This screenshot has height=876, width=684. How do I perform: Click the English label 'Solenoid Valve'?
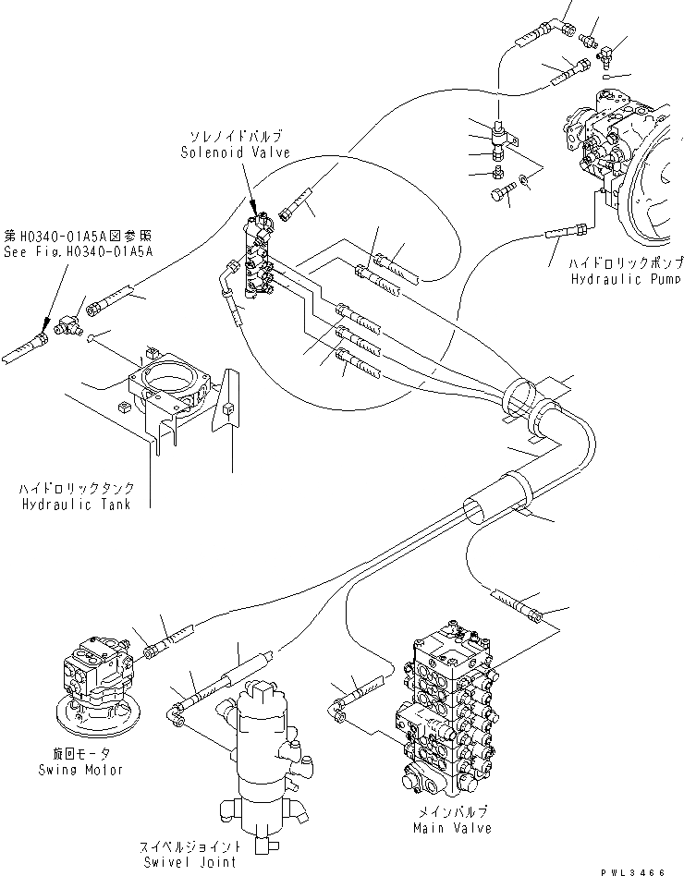(235, 152)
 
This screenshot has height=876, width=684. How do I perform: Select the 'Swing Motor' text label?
(80, 769)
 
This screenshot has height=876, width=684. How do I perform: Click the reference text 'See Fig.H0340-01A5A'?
(76, 250)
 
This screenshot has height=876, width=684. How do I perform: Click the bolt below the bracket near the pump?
(501, 195)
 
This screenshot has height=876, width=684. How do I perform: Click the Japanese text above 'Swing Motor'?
(81, 754)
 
